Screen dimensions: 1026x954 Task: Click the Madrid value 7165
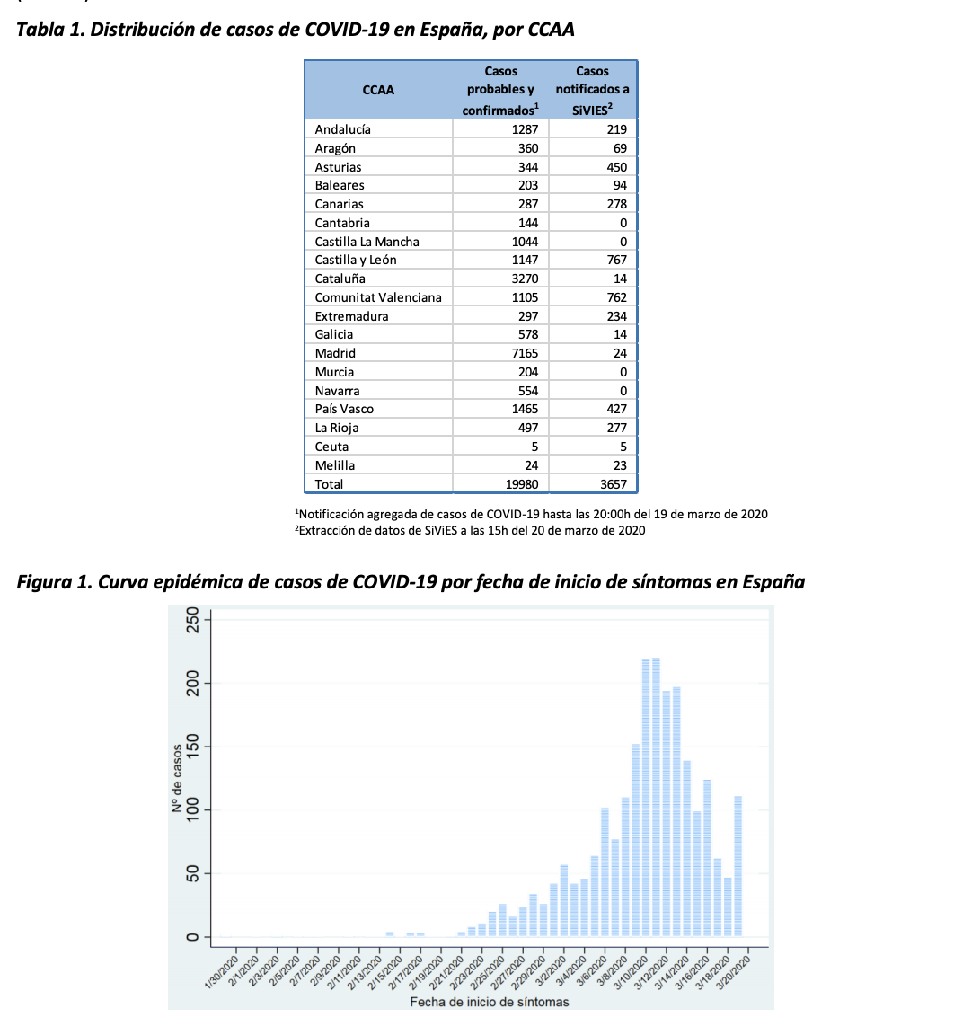tap(524, 353)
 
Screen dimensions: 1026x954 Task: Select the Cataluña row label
tap(340, 279)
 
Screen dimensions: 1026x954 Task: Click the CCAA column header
tap(378, 90)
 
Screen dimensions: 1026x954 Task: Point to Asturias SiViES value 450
tap(616, 167)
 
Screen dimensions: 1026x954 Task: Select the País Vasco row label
tap(344, 409)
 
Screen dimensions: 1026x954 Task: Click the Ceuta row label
tap(331, 447)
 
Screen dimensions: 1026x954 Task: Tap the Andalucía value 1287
tap(524, 129)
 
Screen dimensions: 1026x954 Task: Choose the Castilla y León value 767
tap(616, 260)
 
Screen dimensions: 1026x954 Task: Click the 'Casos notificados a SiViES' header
tap(592, 90)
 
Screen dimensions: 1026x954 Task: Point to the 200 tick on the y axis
tap(190, 684)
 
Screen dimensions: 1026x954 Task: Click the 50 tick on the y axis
tap(190, 874)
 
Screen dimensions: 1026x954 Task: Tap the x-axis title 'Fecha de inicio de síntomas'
tap(489, 1002)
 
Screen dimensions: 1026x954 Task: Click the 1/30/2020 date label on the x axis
tap(220, 972)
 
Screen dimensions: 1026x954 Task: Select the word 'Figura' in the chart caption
tap(48, 582)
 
